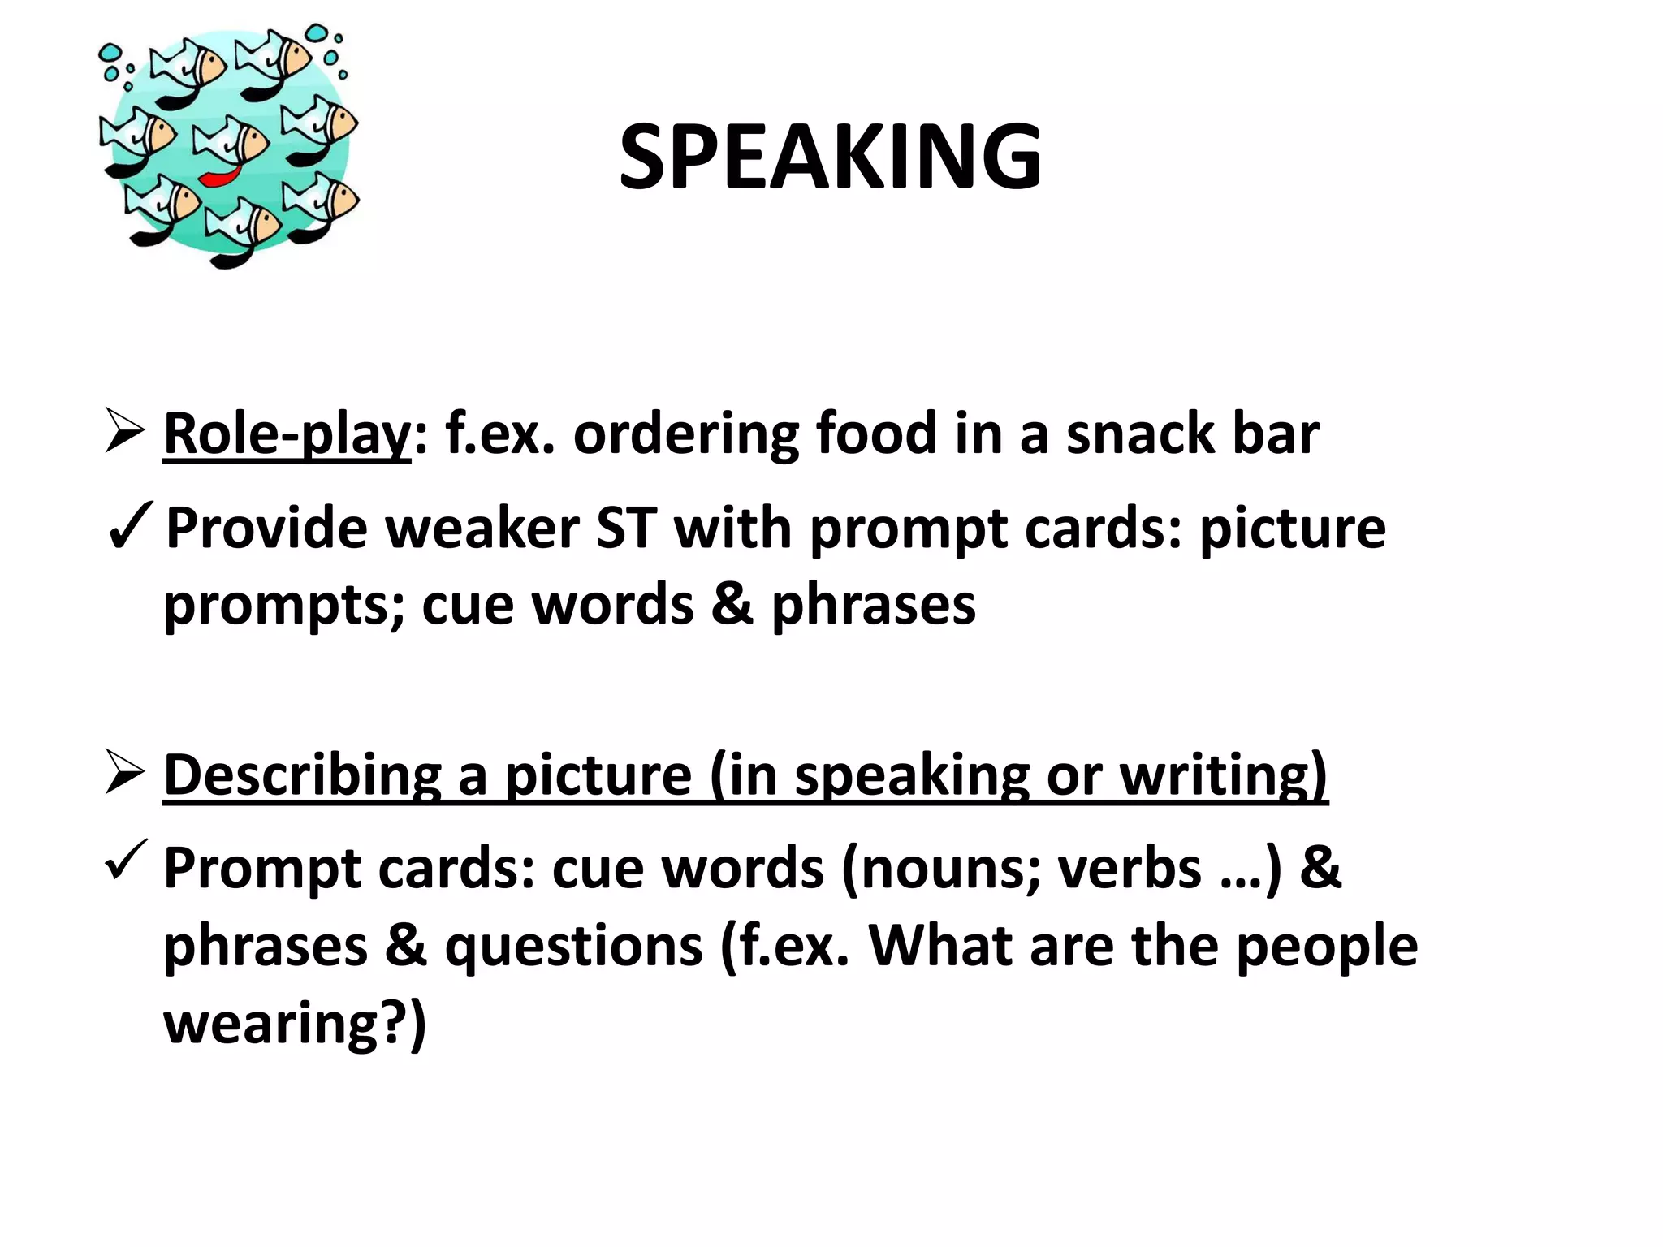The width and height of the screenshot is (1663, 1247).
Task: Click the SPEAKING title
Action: pos(830,157)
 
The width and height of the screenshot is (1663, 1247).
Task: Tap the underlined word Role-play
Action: pos(287,434)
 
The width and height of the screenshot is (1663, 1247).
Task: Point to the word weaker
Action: pos(482,529)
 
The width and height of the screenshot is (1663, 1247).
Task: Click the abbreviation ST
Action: pos(626,529)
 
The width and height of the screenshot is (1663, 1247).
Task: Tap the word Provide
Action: pos(266,529)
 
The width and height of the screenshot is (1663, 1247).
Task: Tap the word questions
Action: pos(573,947)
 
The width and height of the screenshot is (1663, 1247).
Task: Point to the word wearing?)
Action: pos(295,1024)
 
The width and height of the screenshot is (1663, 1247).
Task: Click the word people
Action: pos(1326,947)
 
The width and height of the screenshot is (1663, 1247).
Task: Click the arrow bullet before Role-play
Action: pos(124,432)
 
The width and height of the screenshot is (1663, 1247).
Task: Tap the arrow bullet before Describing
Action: pos(124,773)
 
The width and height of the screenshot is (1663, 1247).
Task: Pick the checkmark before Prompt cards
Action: pos(126,861)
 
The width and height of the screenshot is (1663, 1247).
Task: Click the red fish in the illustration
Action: pos(219,176)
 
